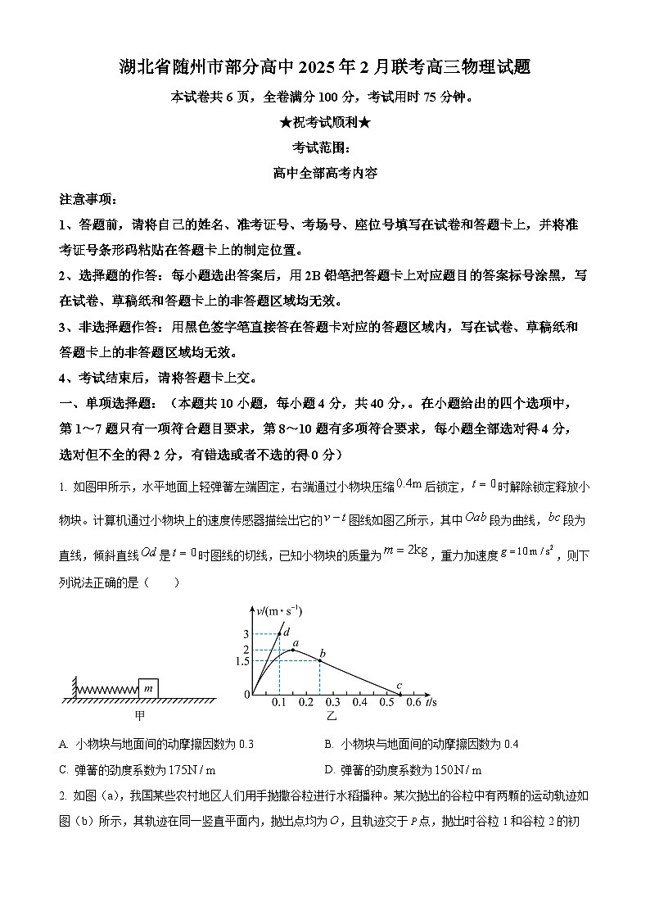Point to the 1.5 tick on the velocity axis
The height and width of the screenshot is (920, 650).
[x=241, y=661]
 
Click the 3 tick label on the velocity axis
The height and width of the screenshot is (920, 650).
[x=246, y=634]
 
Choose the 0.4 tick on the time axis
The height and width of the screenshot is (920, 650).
[x=359, y=702]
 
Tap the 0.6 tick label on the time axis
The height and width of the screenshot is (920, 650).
[x=413, y=702]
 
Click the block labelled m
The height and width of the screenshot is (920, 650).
[x=148, y=688]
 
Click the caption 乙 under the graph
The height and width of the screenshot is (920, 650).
[x=332, y=716]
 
